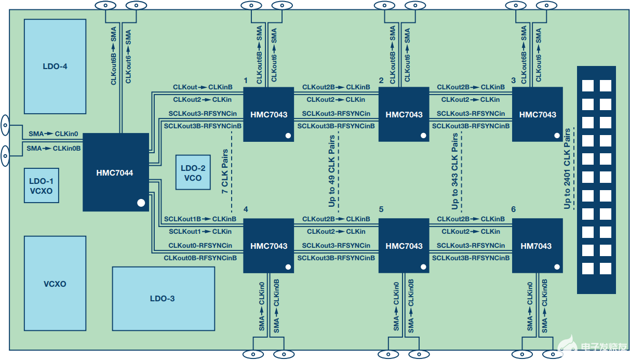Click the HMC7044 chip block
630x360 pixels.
pyautogui.click(x=115, y=172)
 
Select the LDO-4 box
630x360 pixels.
pyautogui.click(x=55, y=66)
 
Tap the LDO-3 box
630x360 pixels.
pyautogui.click(x=163, y=298)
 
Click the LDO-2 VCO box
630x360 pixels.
pyautogui.click(x=193, y=172)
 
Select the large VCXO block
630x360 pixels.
pyautogui.click(x=55, y=284)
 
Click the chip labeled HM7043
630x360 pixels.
pyautogui.click(x=537, y=246)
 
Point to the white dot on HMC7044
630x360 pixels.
pyautogui.click(x=141, y=203)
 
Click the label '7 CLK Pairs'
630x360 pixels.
pyautogui.click(x=225, y=172)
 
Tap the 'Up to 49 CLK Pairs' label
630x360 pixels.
pyautogui.click(x=331, y=172)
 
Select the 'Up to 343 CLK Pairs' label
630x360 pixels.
pyautogui.click(x=455, y=172)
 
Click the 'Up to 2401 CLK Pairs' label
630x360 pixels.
pyautogui.click(x=567, y=169)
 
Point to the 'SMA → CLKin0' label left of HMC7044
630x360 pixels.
pyautogui.click(x=53, y=134)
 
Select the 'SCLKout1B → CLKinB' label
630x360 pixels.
pyautogui.click(x=200, y=219)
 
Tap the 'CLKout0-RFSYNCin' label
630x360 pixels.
pyautogui.click(x=200, y=245)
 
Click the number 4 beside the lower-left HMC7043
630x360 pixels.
pyautogui.click(x=245, y=209)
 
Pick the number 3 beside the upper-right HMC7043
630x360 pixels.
pyautogui.click(x=514, y=81)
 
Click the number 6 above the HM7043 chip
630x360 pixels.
pyautogui.click(x=514, y=209)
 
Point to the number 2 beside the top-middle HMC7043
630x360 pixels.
pyautogui.click(x=381, y=81)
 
